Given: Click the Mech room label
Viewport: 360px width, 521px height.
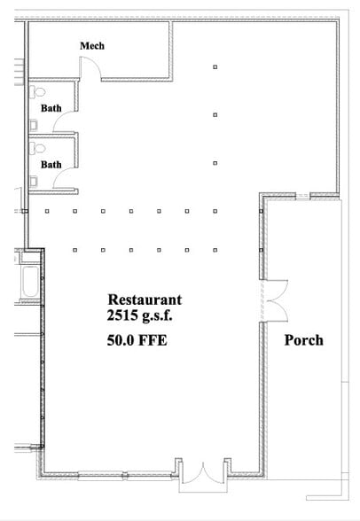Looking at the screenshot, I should (92, 45).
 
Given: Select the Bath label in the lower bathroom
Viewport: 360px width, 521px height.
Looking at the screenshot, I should (51, 164).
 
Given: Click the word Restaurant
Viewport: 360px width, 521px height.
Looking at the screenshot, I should (145, 299).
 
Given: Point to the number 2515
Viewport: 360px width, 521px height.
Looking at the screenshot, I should (123, 315).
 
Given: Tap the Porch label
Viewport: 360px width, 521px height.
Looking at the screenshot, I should (303, 340).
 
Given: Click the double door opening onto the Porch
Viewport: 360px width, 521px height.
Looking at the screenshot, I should (273, 301).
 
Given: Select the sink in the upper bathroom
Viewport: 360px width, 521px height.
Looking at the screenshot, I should (34, 123).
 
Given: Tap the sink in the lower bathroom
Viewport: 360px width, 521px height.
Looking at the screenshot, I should (34, 181).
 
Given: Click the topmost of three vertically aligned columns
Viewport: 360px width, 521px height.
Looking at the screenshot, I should (215, 66).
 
